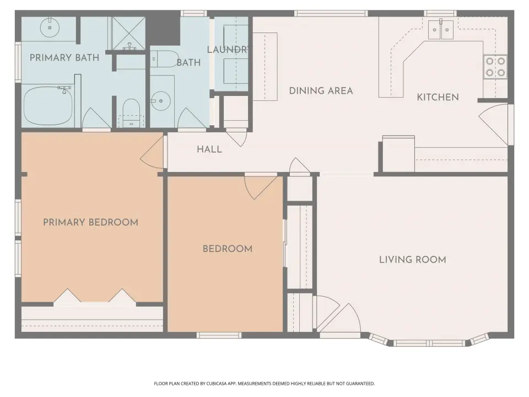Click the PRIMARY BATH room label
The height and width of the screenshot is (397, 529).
[x=64, y=58]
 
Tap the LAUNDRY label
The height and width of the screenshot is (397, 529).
[x=228, y=50]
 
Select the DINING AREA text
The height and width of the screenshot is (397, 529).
[x=321, y=90]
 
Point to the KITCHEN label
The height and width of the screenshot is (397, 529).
[x=438, y=97]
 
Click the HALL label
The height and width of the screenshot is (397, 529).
[x=209, y=149]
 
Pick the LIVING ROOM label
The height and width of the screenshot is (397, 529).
[x=413, y=259]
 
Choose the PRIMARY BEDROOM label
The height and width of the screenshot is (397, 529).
[x=91, y=222]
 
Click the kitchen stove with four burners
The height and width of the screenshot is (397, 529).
[x=495, y=67]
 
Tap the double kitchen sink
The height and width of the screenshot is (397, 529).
[x=441, y=30]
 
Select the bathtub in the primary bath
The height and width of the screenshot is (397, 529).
[x=48, y=106]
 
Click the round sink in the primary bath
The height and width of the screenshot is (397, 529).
[x=50, y=28]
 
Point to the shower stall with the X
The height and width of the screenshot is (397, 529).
[x=128, y=33]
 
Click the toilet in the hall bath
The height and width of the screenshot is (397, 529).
[x=165, y=59]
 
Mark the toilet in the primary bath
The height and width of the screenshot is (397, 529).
[x=131, y=112]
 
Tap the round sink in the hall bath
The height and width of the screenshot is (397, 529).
[x=160, y=100]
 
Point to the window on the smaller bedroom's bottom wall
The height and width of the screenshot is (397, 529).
[x=219, y=335]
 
